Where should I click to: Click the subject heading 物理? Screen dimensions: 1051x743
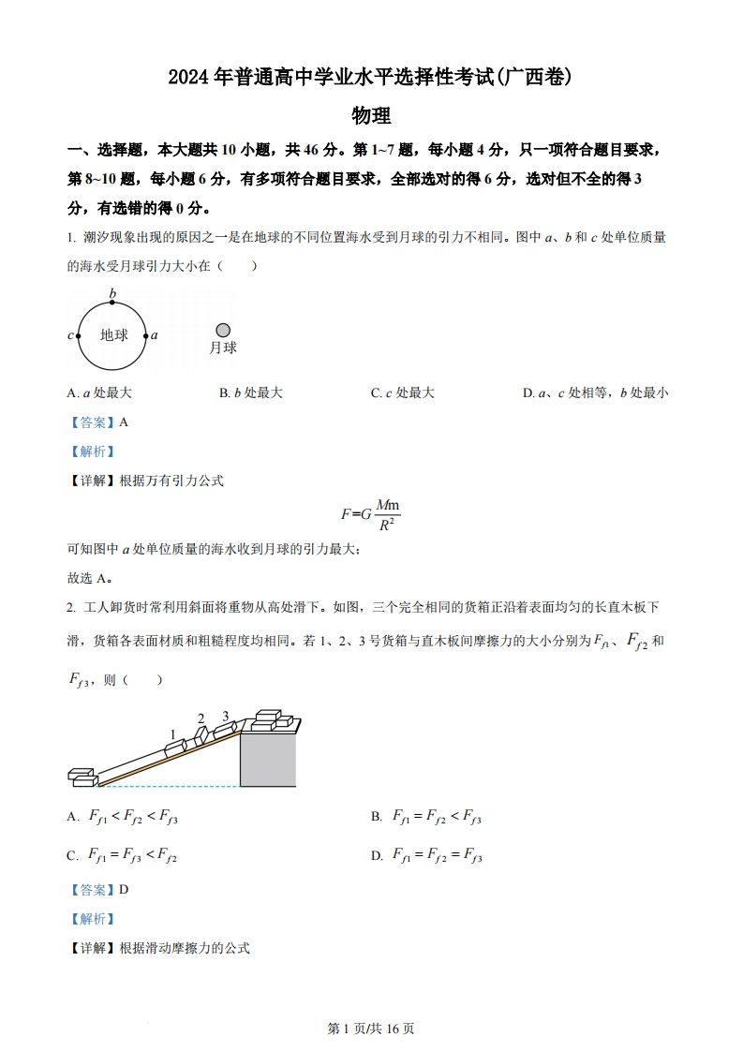pos(371,116)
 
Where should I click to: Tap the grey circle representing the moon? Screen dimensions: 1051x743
pos(223,330)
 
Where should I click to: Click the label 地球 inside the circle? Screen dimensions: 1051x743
pos(113,335)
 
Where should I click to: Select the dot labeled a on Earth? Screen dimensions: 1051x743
pos(146,335)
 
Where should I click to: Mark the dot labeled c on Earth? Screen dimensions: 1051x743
pos(79,335)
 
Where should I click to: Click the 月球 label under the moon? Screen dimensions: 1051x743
pos(223,348)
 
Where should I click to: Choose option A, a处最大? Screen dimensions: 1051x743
pos(100,393)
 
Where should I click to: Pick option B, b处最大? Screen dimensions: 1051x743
pos(251,393)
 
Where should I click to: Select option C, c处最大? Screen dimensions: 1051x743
pos(403,393)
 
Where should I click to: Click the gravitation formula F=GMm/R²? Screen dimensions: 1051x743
pos(371,514)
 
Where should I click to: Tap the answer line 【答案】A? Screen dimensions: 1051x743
pos(98,422)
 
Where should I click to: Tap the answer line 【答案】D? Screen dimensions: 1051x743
pos(98,890)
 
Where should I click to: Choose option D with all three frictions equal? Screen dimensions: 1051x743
pos(437,855)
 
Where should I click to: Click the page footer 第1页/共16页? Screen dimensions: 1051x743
pos(371,1029)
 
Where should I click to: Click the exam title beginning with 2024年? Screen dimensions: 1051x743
pos(371,78)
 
